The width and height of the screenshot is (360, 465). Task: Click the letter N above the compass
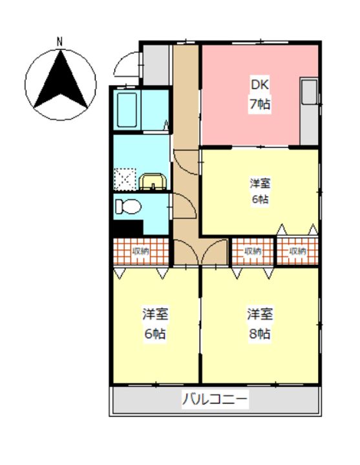tap(60, 42)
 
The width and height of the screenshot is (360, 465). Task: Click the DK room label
tap(260, 85)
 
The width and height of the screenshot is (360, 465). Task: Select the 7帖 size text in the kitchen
tap(260, 104)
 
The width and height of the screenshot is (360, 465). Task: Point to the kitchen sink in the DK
tap(309, 92)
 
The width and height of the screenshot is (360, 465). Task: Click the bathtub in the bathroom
tap(127, 110)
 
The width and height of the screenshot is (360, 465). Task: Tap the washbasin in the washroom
tap(153, 181)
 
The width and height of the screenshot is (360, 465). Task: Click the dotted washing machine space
tap(125, 180)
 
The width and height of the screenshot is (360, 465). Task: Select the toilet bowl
tap(128, 207)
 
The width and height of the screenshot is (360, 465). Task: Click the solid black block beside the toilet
tap(128, 228)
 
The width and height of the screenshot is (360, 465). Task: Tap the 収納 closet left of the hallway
tap(141, 251)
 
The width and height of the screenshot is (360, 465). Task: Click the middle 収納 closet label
tap(252, 251)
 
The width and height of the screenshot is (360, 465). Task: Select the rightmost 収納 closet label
tap(297, 251)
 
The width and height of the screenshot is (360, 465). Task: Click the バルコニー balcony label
tap(215, 400)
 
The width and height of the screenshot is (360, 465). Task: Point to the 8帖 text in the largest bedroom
tap(260, 334)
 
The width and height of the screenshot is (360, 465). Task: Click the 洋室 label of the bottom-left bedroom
tap(156, 315)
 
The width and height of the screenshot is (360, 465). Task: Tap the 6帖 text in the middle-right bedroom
tap(260, 199)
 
